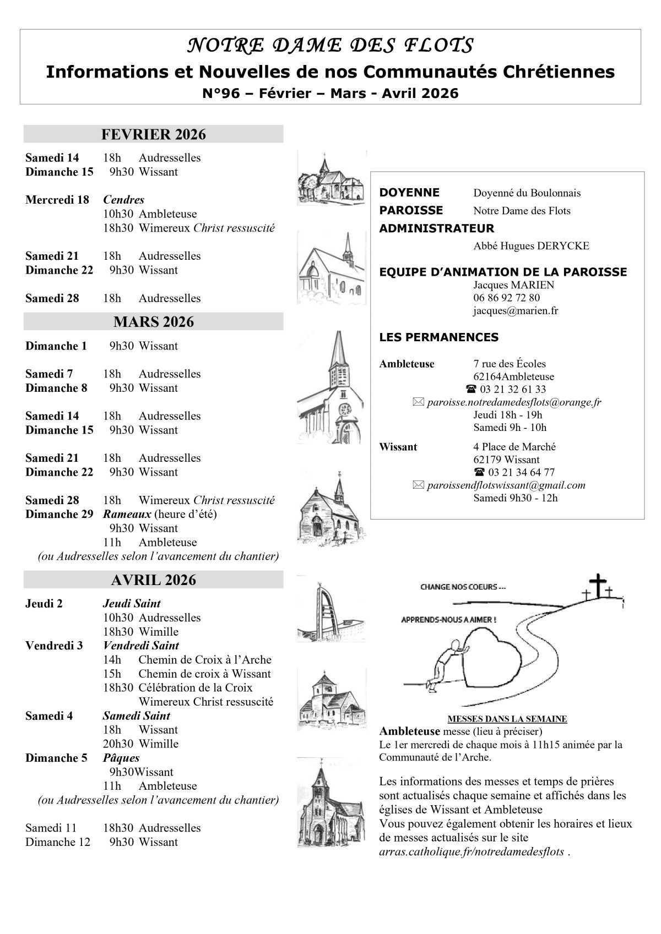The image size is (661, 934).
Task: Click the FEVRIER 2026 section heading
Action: pyautogui.click(x=153, y=134)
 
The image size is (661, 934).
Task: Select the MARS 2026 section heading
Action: pyautogui.click(x=153, y=321)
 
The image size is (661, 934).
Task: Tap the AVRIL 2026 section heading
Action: pyautogui.click(x=153, y=580)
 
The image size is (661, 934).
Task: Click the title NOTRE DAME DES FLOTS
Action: pyautogui.click(x=330, y=46)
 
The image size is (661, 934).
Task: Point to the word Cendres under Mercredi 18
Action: pyautogui.click(x=123, y=200)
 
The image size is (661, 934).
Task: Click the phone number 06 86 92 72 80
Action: pyautogui.click(x=506, y=298)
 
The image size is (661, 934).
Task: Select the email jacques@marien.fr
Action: pyautogui.click(x=515, y=311)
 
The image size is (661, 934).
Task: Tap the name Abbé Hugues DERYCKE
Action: pyautogui.click(x=531, y=246)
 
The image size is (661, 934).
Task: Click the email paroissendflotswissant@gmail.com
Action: pyautogui.click(x=506, y=485)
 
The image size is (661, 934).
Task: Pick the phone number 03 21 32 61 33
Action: pyautogui.click(x=512, y=390)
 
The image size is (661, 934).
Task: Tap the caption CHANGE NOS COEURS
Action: pyautogui.click(x=463, y=587)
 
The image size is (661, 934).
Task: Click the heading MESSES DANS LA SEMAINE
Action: pyautogui.click(x=507, y=719)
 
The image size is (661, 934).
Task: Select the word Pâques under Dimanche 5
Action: pyautogui.click(x=121, y=758)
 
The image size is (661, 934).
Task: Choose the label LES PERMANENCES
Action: pyautogui.click(x=438, y=337)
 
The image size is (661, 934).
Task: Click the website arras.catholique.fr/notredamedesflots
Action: pyautogui.click(x=472, y=852)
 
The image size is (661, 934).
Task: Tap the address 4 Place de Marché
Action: pyautogui.click(x=514, y=447)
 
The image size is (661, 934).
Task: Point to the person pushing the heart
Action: pyautogui.click(x=446, y=663)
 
